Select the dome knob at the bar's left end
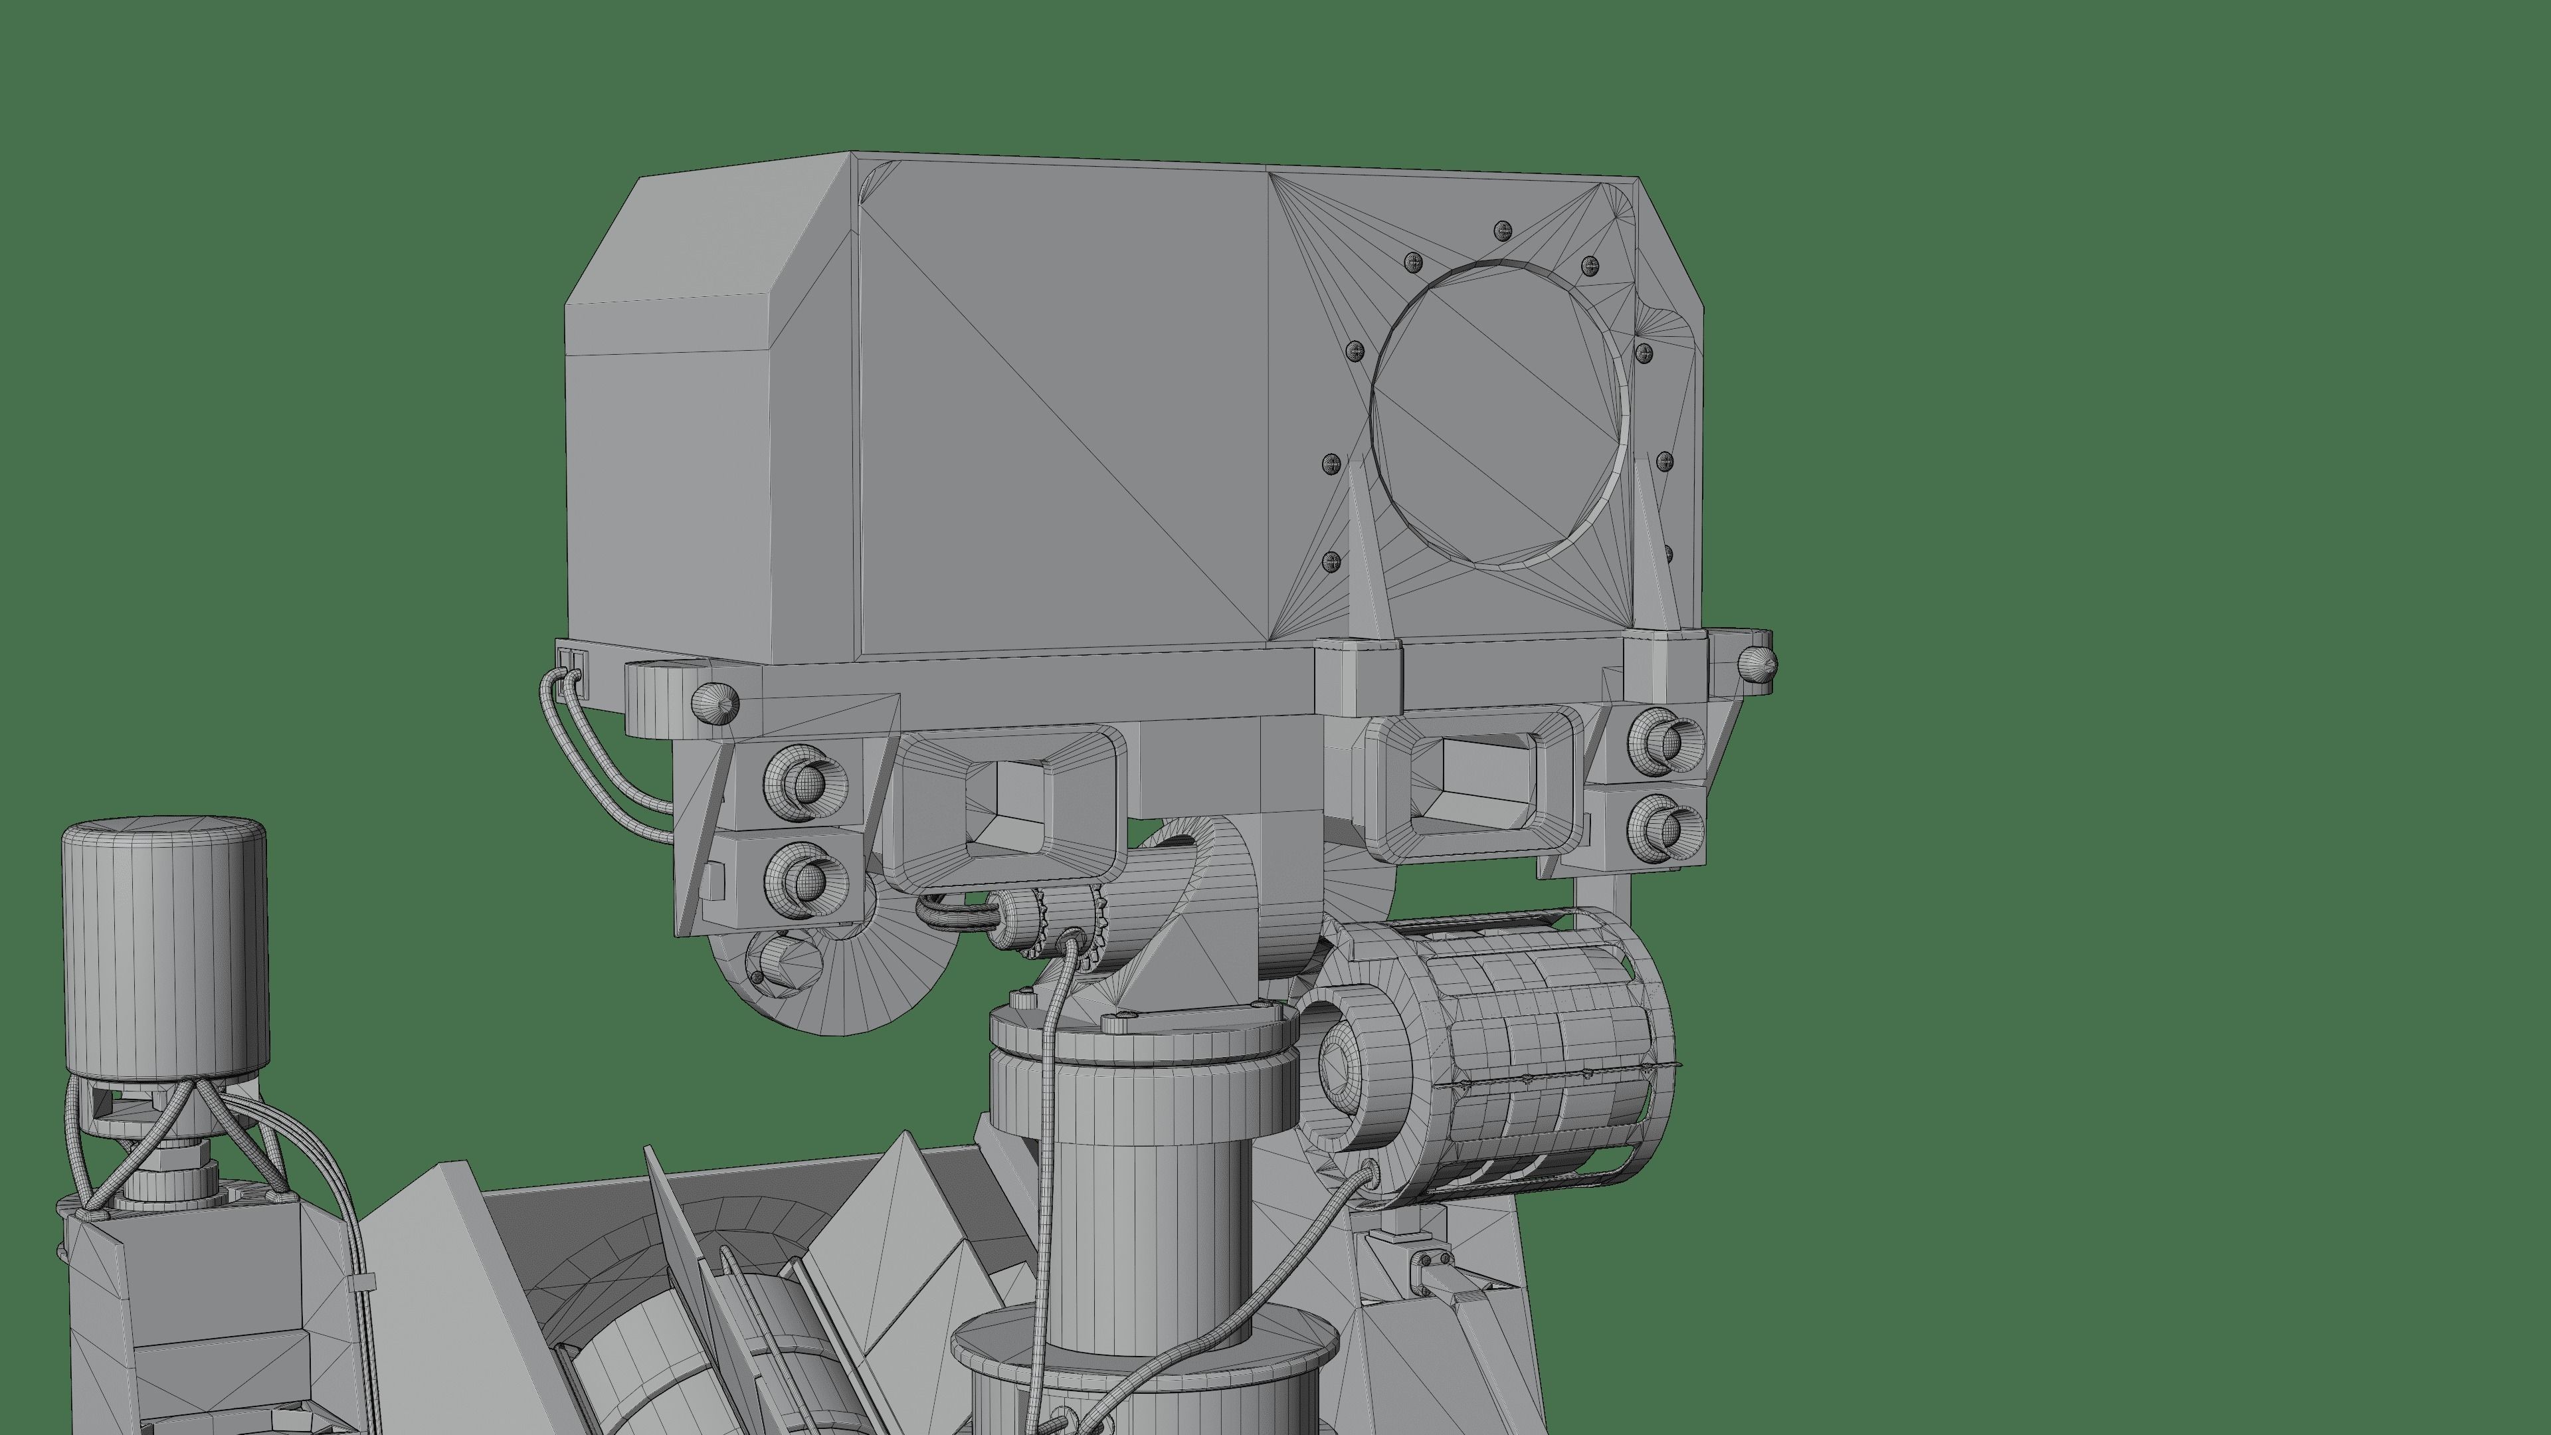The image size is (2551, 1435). click(716, 701)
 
